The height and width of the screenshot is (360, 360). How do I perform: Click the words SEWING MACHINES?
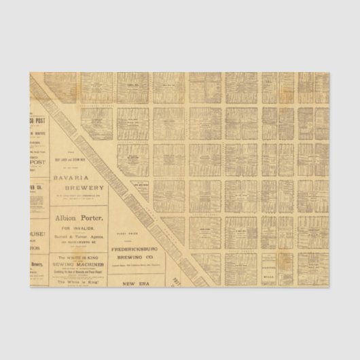(x=80, y=264)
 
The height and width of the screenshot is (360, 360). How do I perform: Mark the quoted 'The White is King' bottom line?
(x=80, y=281)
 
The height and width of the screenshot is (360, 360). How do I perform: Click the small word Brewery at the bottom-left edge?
(x=37, y=265)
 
